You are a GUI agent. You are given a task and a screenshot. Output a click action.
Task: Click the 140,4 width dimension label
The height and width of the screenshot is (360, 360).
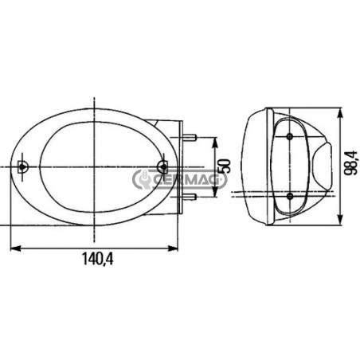pos(97,259)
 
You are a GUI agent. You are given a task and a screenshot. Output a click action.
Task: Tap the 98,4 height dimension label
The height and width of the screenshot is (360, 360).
pos(350,162)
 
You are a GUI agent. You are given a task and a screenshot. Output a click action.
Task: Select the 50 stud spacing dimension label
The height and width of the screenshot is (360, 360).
pos(223,166)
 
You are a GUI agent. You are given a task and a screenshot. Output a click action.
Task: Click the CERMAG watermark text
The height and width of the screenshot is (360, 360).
pos(186,180)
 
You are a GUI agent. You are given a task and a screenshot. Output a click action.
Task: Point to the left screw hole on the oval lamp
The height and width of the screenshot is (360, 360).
pos(23,166)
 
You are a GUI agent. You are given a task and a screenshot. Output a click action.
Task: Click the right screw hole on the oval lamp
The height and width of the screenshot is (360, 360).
pos(162,166)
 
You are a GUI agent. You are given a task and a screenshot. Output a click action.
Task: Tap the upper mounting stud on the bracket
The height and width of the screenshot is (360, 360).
pos(190,138)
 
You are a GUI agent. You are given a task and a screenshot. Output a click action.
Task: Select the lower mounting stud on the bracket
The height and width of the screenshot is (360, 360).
pos(190,197)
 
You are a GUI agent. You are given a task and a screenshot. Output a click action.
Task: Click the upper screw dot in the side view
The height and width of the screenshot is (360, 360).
pos(290,136)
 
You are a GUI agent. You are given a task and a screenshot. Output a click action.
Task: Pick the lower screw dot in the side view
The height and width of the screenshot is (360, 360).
pos(290,196)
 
